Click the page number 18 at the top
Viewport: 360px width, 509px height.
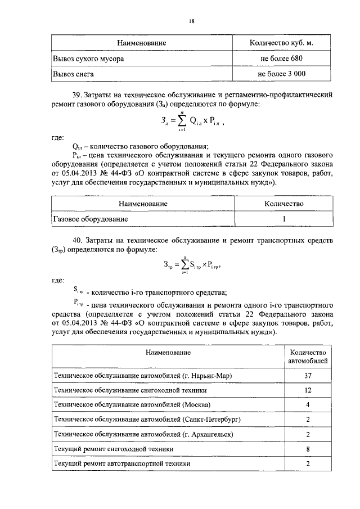click(191, 21)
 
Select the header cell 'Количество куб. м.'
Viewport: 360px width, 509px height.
click(281, 43)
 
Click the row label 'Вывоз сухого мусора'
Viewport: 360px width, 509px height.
click(88, 58)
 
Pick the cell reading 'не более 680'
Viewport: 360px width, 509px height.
click(281, 58)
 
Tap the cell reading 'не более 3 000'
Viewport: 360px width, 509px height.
click(281, 74)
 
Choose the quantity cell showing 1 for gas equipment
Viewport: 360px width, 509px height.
click(285, 218)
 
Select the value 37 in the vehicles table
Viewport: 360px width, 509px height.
click(308, 375)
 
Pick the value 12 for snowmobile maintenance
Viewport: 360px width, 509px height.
click(308, 390)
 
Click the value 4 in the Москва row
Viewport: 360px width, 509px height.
click(308, 404)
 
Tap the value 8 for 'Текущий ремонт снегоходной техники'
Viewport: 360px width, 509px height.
click(308, 449)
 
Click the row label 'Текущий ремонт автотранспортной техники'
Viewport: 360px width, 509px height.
click(121, 463)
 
